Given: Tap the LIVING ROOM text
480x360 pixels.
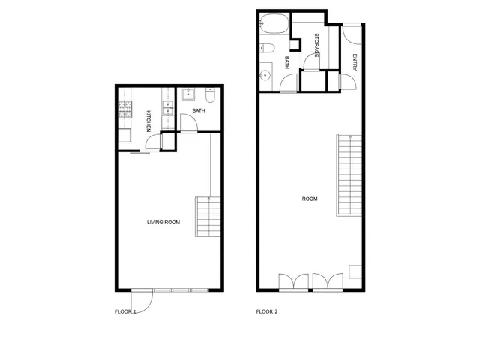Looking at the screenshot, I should tap(163, 222).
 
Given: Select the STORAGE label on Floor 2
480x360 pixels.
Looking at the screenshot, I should tap(317, 46).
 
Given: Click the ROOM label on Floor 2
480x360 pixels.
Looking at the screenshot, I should tap(310, 199).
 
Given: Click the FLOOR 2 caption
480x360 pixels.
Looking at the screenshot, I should tap(267, 311).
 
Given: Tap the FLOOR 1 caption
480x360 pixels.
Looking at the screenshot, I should tap(125, 311).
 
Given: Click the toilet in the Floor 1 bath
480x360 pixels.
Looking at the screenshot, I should tap(211, 95).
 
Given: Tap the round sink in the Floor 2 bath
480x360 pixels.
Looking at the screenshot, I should tap(265, 75).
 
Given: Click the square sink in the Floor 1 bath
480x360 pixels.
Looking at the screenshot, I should tap(188, 94).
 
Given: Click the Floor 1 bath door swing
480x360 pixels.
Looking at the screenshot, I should tap(189, 125).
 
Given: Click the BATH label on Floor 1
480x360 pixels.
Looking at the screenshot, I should tap(199, 111).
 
